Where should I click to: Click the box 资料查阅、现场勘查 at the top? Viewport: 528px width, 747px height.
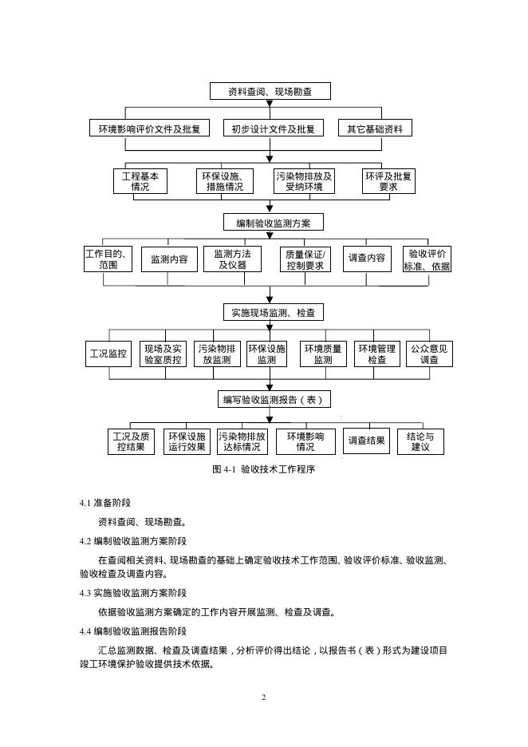tap(270, 92)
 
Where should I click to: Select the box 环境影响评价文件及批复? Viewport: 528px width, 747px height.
tap(144, 128)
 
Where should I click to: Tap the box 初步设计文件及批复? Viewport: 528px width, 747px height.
tap(273, 128)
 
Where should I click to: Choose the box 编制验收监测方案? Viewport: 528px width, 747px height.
tap(273, 222)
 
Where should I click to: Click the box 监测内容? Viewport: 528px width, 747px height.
tap(169, 259)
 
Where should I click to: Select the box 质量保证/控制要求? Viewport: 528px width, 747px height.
tap(306, 259)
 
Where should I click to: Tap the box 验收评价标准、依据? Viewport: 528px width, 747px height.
tap(427, 259)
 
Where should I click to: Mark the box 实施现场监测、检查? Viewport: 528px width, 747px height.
tap(273, 312)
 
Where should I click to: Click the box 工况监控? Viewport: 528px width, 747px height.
tap(108, 354)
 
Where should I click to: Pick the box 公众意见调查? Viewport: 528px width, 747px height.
tap(429, 354)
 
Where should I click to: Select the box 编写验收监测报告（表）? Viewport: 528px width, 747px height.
tap(274, 399)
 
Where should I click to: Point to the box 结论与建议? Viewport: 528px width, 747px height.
tap(420, 442)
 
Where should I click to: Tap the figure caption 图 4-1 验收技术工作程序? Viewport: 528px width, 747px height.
tap(264, 470)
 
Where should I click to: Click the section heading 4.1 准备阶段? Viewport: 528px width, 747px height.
tap(105, 504)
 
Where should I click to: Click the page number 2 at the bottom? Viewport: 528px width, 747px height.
tap(263, 698)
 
